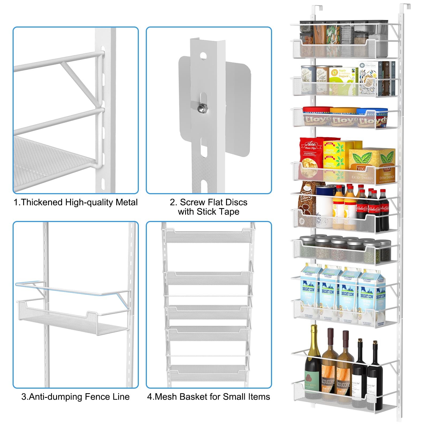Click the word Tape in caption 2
(x=228, y=212)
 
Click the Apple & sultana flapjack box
(x=343, y=76)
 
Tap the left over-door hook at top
(x=317, y=9)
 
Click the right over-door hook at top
(x=405, y=8)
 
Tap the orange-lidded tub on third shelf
(x=344, y=116)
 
